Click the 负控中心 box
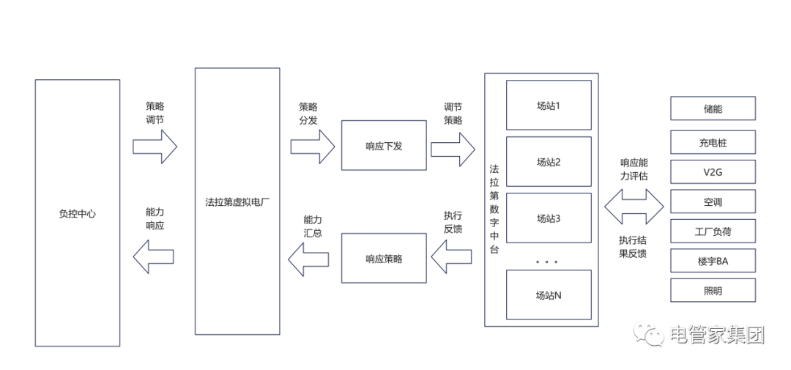pyautogui.click(x=77, y=213)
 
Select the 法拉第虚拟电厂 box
pyautogui.click(x=237, y=201)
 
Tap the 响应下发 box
pyautogui.click(x=384, y=146)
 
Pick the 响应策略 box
pyautogui.click(x=384, y=258)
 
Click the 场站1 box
pyautogui.click(x=548, y=105)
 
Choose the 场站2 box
pyautogui.click(x=548, y=161)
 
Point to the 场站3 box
pyautogui.click(x=548, y=218)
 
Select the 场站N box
pyautogui.click(x=548, y=295)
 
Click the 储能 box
pyautogui.click(x=713, y=108)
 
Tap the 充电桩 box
pyautogui.click(x=713, y=142)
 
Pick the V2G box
pyautogui.click(x=713, y=172)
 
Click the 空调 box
pyautogui.click(x=713, y=201)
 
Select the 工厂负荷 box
pyautogui.click(x=713, y=232)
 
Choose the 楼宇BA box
pyautogui.click(x=713, y=261)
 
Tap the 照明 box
pyautogui.click(x=713, y=290)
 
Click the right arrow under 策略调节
pyautogui.click(x=155, y=146)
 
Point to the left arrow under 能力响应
pyautogui.click(x=153, y=256)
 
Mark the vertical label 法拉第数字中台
pyautogui.click(x=494, y=209)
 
